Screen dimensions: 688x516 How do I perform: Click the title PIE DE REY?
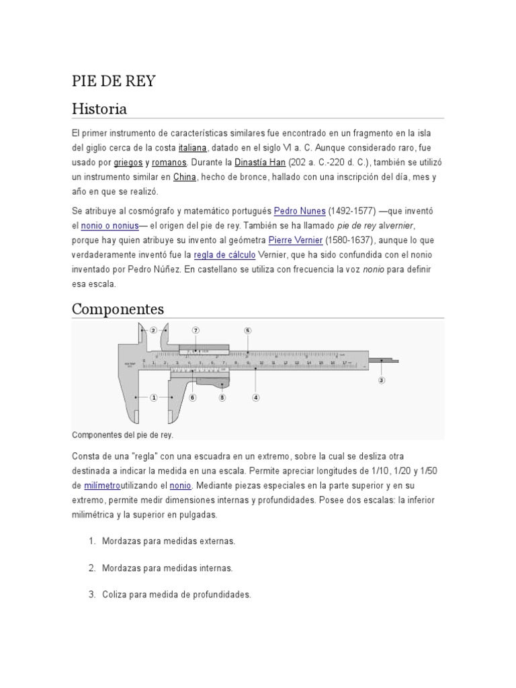tap(113, 81)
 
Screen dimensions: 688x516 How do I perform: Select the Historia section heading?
tap(99, 109)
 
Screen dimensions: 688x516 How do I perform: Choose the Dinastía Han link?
tap(260, 163)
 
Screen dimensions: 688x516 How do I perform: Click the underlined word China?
tap(184, 177)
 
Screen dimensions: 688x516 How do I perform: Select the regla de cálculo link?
tap(224, 255)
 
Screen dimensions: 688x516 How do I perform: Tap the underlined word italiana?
tap(193, 148)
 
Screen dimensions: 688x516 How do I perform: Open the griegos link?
tap(128, 163)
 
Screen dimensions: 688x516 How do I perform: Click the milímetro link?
tap(102, 485)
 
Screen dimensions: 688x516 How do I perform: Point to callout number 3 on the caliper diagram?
tap(382, 380)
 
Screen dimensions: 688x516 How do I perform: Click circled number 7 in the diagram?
tap(196, 331)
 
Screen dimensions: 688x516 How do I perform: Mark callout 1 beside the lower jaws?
tap(153, 398)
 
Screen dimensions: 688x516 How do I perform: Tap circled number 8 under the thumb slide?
tap(222, 398)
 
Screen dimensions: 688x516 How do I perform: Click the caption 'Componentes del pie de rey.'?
tap(122, 435)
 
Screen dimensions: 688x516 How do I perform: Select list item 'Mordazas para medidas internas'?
tap(167, 568)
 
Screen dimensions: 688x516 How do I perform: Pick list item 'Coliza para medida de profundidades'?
tap(176, 595)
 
